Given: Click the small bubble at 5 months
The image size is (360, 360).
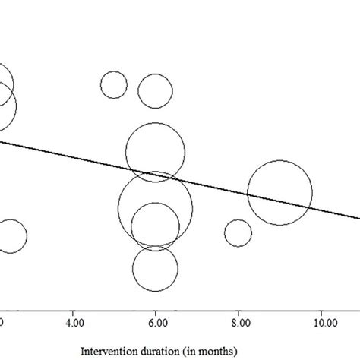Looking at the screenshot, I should tap(114, 85).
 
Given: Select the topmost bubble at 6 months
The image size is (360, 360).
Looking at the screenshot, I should tap(156, 91).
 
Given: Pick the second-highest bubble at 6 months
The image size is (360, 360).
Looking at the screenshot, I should tap(156, 153).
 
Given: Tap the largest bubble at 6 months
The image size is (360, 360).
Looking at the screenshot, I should tap(156, 207).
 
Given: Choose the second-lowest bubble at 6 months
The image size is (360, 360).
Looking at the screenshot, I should tap(155, 226).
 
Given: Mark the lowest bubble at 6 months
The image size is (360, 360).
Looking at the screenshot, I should tap(155, 268).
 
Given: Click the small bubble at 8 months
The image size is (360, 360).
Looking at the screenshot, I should tap(238, 232).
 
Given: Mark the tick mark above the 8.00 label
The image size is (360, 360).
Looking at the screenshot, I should tap(238, 308).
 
